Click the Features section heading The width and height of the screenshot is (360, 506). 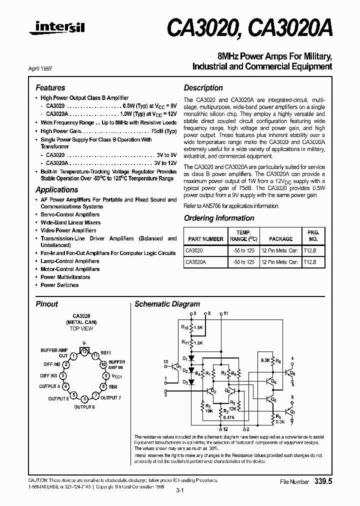[50, 87]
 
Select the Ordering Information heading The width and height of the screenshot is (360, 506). [219, 218]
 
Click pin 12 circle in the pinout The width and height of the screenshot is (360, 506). [85, 351]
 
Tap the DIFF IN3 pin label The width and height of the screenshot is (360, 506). [49, 375]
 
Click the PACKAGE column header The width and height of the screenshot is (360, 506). [280, 239]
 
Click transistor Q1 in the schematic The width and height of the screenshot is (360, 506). [176, 366]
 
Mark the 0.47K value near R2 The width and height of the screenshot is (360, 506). [228, 417]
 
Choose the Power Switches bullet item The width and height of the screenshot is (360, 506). [59, 285]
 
